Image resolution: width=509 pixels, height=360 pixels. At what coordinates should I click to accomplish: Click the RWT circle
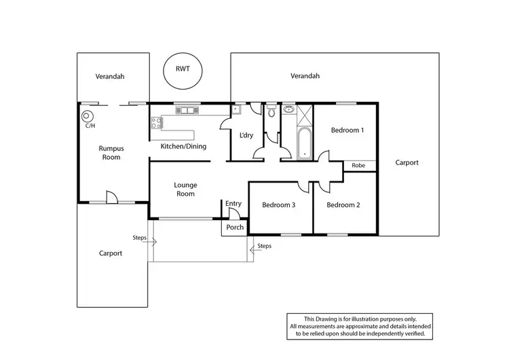coord(183,71)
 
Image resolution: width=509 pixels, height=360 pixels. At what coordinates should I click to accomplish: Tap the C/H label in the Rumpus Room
coord(90,126)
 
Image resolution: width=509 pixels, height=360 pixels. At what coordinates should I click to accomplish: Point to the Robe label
coord(358,165)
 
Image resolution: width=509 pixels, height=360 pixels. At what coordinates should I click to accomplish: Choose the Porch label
coord(235,228)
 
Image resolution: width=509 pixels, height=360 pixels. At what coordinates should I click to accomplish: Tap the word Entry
coord(233,204)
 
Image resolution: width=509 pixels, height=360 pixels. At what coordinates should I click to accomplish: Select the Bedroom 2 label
coord(343,205)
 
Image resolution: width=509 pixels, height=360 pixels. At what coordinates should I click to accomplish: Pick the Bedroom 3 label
coord(278,205)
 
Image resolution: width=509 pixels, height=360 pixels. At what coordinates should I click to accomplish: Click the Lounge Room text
coord(185,189)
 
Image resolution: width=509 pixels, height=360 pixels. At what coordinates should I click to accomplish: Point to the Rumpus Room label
coord(109,152)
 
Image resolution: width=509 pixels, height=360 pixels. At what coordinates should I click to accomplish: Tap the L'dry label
coord(246,135)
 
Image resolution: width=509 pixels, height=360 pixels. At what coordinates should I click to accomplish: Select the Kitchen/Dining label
coord(183,146)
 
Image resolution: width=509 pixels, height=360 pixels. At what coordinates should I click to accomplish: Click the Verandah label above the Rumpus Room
coord(110,77)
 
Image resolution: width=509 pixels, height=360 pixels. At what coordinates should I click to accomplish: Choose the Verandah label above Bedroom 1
coord(305,76)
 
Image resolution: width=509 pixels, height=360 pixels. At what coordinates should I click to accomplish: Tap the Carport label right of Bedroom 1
coord(407,163)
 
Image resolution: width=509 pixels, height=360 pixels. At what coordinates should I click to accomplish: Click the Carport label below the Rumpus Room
coord(110,253)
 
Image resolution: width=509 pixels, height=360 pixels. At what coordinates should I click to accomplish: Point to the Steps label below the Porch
coord(265,246)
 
